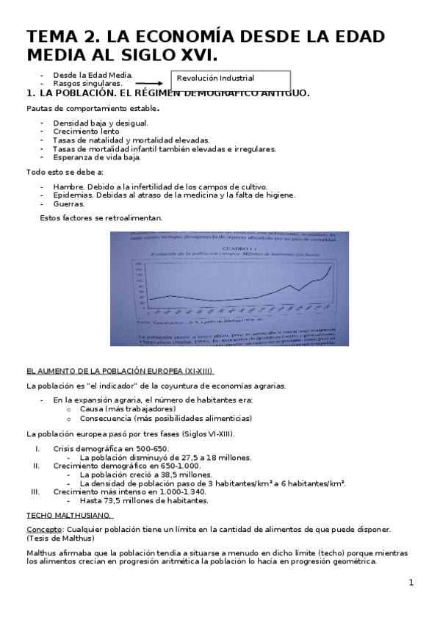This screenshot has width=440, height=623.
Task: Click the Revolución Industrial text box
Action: [x=231, y=79]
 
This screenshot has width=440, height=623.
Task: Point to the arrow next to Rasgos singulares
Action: [x=151, y=84]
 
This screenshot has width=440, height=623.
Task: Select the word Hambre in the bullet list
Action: [x=68, y=187]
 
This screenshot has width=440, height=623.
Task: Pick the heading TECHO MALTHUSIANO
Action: [x=69, y=515]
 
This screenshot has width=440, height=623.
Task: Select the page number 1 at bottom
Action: [x=411, y=583]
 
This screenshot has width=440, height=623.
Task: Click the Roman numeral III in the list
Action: [x=35, y=491]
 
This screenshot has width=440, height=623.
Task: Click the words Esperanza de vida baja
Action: [x=96, y=157]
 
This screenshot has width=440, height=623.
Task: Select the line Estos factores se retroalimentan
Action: [x=101, y=218]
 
